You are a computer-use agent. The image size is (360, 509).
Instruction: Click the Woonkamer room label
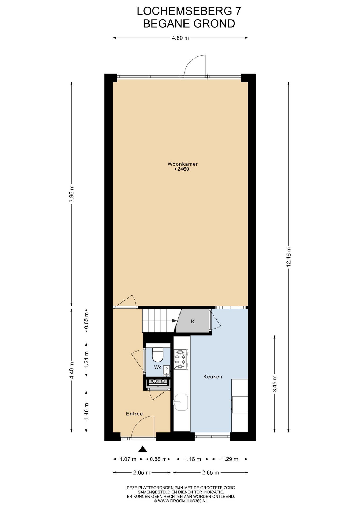coord(182,164)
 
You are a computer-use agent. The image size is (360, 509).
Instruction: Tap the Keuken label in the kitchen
coord(213,377)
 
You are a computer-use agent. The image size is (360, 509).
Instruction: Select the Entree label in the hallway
coord(134,414)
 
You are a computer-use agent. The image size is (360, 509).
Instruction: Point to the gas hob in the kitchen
coord(181,359)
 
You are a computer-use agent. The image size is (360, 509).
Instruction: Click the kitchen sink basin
coord(181,402)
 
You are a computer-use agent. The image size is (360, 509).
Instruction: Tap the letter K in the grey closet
coord(193,322)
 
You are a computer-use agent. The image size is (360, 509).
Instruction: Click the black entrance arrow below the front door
coord(143,449)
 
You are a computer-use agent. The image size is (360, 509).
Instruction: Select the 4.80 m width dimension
coord(180,38)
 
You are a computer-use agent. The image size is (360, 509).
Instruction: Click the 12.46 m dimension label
coord(288,257)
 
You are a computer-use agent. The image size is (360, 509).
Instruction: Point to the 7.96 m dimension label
coord(71,194)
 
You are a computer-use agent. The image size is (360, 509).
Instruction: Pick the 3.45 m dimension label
coord(275,384)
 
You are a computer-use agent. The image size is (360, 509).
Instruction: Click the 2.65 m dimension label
coord(210,473)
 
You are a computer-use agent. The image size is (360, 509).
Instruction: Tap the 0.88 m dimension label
coord(158,459)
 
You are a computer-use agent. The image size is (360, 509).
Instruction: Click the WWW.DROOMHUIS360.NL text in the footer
coord(183,501)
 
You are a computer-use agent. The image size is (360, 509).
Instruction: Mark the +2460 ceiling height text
coord(182,169)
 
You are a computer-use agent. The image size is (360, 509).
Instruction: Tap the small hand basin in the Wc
coord(166,371)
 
